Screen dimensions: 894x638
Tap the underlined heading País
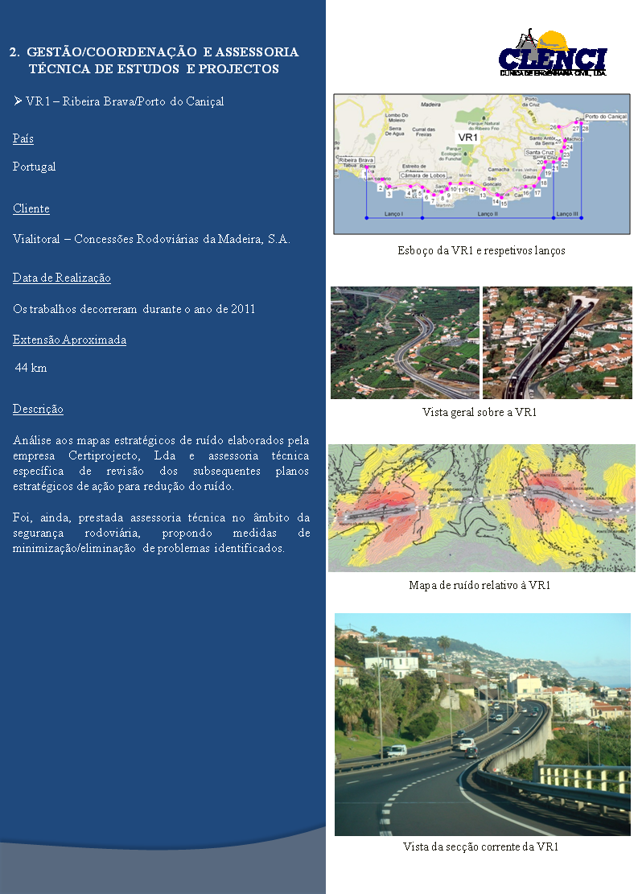pos(23,139)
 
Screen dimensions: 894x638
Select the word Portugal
pos(35,167)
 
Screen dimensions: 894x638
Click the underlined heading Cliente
pos(31,209)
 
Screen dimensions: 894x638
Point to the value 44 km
pos(31,369)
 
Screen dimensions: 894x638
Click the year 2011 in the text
pos(242,309)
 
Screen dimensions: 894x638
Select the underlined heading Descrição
pos(38,410)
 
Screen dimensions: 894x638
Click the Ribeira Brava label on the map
pos(356,161)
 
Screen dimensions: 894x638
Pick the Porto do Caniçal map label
pos(606,117)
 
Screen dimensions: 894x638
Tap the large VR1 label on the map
pos(468,138)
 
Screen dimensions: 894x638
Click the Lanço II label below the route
pos(488,215)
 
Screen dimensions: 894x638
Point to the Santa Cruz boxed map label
pos(540,152)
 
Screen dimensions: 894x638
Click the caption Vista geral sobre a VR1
pos(480,413)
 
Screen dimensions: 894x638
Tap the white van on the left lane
pos(396,751)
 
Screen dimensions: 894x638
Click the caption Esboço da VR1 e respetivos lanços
pos(481,251)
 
